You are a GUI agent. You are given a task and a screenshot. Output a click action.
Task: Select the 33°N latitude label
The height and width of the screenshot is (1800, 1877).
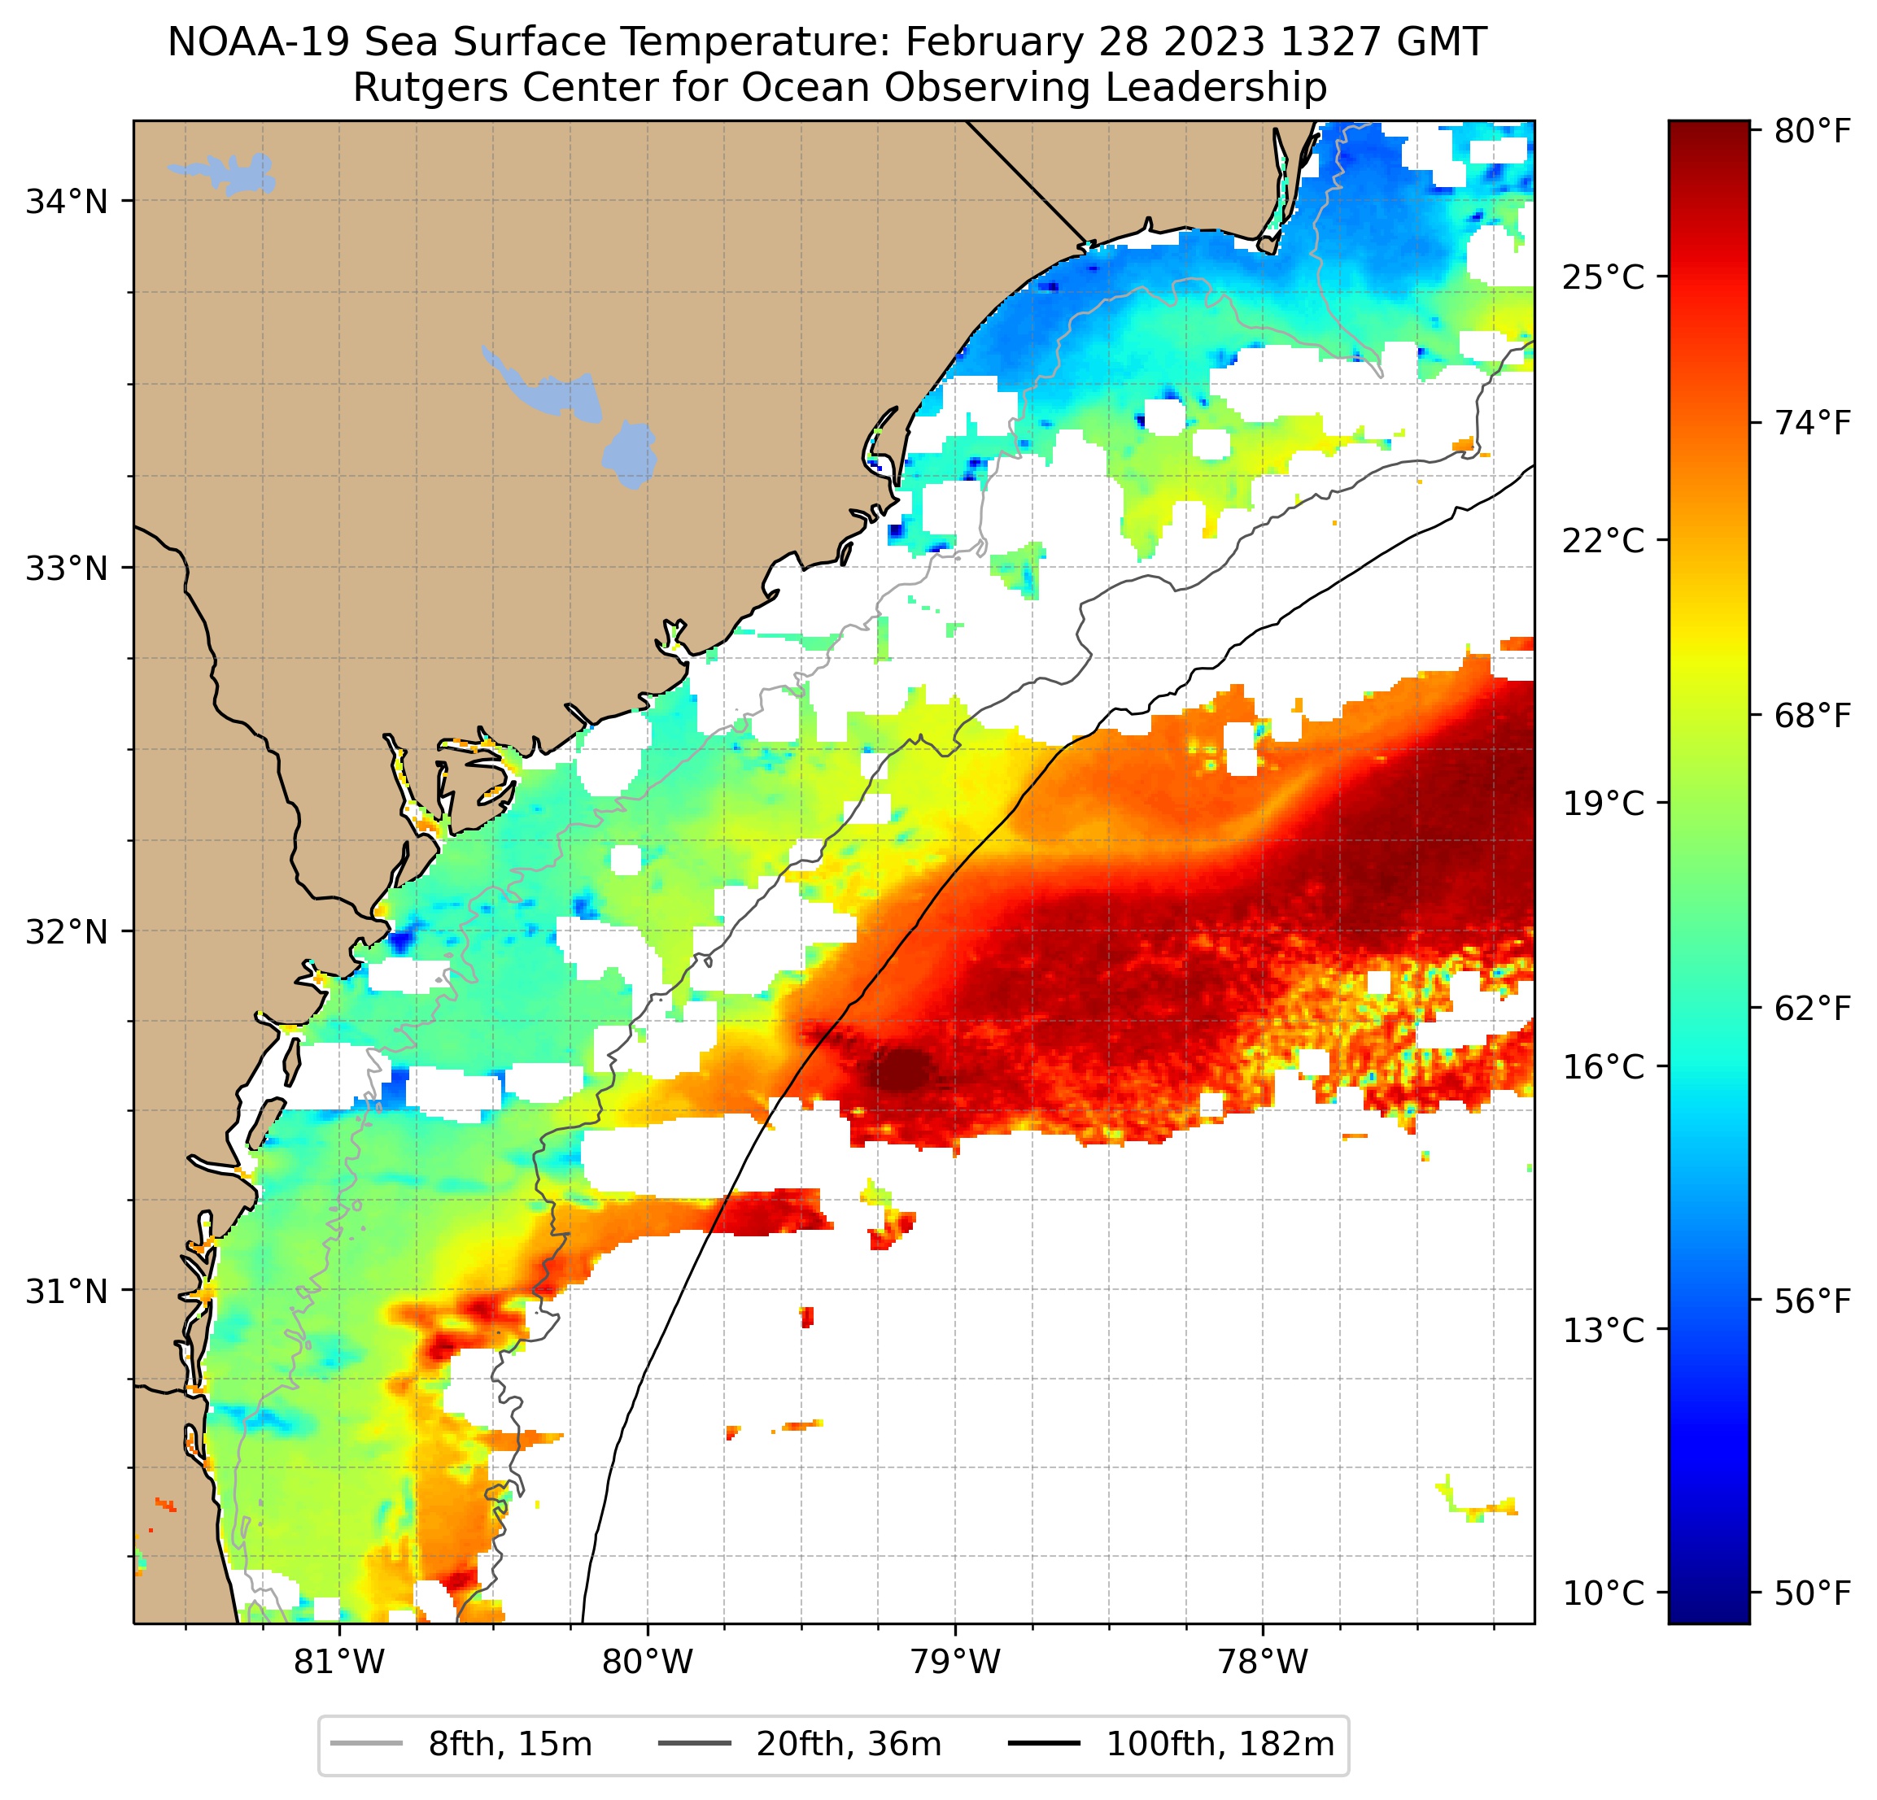click(x=66, y=568)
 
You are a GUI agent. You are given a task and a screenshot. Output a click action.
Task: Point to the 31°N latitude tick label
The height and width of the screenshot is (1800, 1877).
click(x=66, y=1292)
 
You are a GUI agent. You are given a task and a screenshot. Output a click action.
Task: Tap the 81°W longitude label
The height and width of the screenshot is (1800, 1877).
click(x=339, y=1663)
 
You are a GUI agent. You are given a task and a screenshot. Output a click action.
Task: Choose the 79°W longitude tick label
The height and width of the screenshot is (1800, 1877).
click(x=955, y=1663)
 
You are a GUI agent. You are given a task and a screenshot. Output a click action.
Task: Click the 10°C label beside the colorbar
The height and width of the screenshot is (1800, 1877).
click(x=1603, y=1593)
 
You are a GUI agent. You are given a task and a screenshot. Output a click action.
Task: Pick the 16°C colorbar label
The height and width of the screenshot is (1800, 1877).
click(x=1603, y=1066)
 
